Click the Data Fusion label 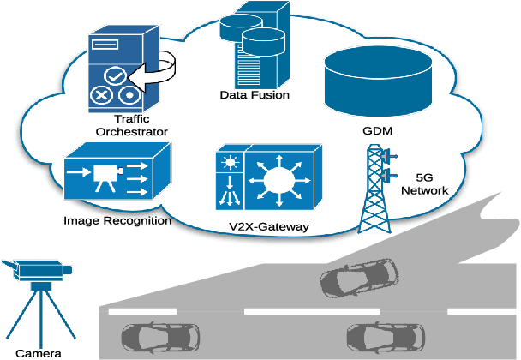click(254, 96)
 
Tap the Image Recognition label click(117, 220)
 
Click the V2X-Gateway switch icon click(269, 177)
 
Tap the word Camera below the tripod click(38, 352)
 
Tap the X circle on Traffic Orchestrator click(102, 95)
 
